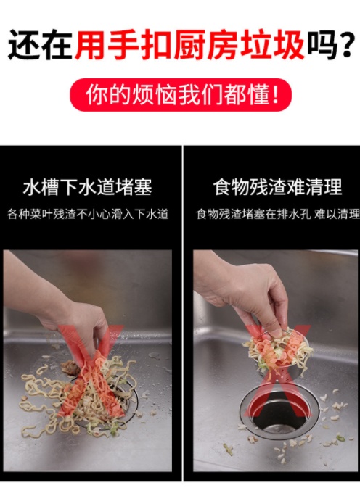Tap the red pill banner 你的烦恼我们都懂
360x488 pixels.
click(180, 95)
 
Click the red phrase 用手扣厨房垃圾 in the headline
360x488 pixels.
click(190, 45)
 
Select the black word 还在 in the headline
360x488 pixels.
click(41, 45)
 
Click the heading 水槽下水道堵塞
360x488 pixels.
click(88, 187)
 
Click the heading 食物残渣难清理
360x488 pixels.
click(277, 187)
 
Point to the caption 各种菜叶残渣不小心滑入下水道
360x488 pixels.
click(88, 214)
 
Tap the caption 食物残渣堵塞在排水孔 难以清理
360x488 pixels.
click(278, 214)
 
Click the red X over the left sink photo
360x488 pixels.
click(90, 371)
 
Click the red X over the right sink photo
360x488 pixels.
click(277, 371)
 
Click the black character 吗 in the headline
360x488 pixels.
click(322, 46)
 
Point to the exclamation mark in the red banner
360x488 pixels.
click(275, 95)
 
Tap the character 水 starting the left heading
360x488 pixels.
click(32, 187)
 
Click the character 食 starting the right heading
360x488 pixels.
click(222, 187)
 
